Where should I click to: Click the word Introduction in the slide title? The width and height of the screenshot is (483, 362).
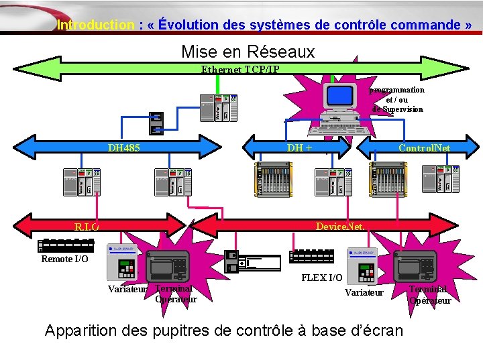(x=96, y=25)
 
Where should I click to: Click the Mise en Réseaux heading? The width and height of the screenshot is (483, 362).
(x=248, y=52)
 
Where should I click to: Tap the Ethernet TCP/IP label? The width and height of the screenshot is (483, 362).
(x=240, y=70)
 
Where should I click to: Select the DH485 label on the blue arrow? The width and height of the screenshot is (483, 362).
(x=124, y=147)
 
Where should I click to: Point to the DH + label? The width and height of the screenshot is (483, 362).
(x=299, y=147)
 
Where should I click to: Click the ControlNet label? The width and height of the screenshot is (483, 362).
(x=424, y=147)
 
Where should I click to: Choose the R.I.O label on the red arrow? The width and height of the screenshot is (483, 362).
(x=87, y=227)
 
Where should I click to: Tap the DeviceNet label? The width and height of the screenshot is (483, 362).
(x=340, y=227)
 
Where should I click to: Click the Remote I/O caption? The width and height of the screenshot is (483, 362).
(x=64, y=259)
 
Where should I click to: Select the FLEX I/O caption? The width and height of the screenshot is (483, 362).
(x=321, y=278)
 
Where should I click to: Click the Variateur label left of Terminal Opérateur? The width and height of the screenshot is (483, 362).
(x=128, y=290)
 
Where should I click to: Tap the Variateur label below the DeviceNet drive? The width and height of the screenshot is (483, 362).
(x=364, y=292)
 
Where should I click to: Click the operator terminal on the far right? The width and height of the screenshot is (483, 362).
(x=415, y=267)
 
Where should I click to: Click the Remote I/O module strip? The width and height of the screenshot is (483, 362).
(x=66, y=245)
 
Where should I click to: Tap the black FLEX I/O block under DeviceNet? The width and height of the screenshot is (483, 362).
(x=311, y=257)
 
